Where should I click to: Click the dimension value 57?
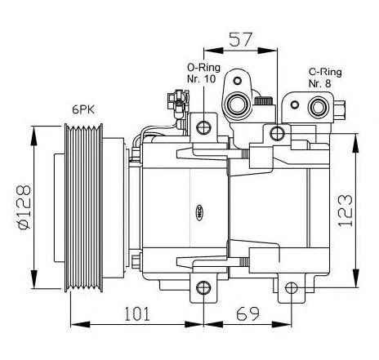[x=241, y=40]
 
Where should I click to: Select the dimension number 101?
[x=137, y=313]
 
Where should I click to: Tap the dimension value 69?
[x=247, y=313]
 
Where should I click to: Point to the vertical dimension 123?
[x=345, y=211]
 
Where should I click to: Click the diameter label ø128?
[x=24, y=207]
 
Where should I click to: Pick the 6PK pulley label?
[x=83, y=110]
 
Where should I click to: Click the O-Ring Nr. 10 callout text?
[x=203, y=73]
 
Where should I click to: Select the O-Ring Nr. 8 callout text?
[x=325, y=78]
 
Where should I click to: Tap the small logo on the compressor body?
[x=200, y=212]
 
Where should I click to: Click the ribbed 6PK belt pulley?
[x=84, y=207]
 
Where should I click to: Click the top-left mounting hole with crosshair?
[x=203, y=127]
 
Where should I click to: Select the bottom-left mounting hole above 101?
[x=203, y=288]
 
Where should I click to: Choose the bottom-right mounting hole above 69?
[x=292, y=288]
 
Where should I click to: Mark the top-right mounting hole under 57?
[x=277, y=133]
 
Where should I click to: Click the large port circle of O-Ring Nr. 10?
[x=238, y=104]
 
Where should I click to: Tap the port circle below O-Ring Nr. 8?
[x=318, y=107]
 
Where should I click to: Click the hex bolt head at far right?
[x=340, y=109]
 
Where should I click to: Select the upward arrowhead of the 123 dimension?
[x=356, y=144]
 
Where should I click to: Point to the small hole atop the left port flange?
[x=238, y=81]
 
